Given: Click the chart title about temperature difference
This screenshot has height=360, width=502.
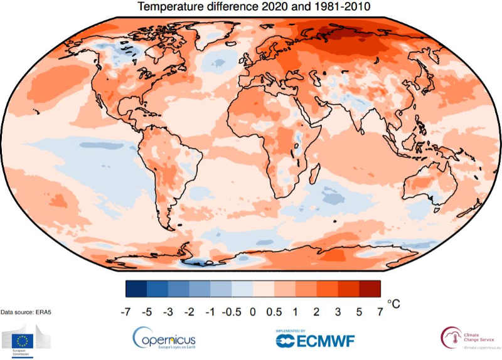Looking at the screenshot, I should [252, 8].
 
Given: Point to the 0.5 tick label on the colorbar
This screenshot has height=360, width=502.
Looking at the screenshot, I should [274, 310].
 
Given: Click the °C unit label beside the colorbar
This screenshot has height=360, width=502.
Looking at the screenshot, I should [393, 304].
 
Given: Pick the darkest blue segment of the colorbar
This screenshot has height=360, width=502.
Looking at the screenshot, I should [136, 289].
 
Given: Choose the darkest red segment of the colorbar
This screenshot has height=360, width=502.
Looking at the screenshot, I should [370, 289].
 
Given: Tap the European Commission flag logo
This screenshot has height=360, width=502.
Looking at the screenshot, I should [24, 341].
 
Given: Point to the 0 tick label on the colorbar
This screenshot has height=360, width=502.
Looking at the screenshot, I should [253, 310].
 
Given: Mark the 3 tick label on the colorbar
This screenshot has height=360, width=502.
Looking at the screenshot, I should [338, 310].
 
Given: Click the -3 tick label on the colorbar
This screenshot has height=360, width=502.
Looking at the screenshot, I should [168, 310].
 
